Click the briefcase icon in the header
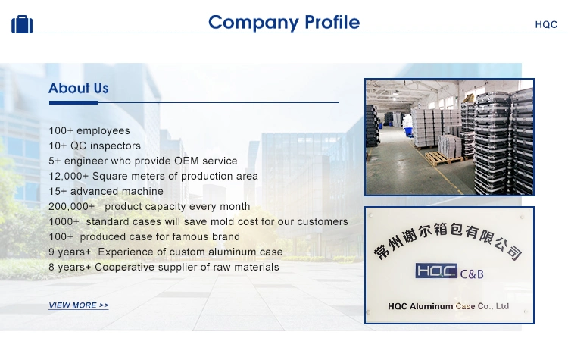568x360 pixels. pyautogui.click(x=22, y=24)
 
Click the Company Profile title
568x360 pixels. pyautogui.click(x=284, y=23)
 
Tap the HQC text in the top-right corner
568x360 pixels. pyautogui.click(x=546, y=25)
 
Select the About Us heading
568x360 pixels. pyautogui.click(x=79, y=88)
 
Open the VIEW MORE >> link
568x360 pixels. pyautogui.click(x=79, y=305)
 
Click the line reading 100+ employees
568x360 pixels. pyautogui.click(x=89, y=130)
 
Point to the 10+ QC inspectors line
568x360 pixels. pyautogui.click(x=95, y=146)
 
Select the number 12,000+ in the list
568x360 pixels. pyautogui.click(x=68, y=176)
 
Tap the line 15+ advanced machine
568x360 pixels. pyautogui.click(x=106, y=191)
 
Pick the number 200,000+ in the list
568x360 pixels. pyautogui.click(x=71, y=206)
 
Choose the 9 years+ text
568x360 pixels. pyautogui.click(x=70, y=252)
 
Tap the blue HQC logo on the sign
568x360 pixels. pyautogui.click(x=436, y=271)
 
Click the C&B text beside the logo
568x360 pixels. pyautogui.click(x=472, y=274)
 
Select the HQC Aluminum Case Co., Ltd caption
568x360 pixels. pyautogui.click(x=448, y=306)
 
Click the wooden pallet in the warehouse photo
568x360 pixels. pyautogui.click(x=443, y=158)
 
